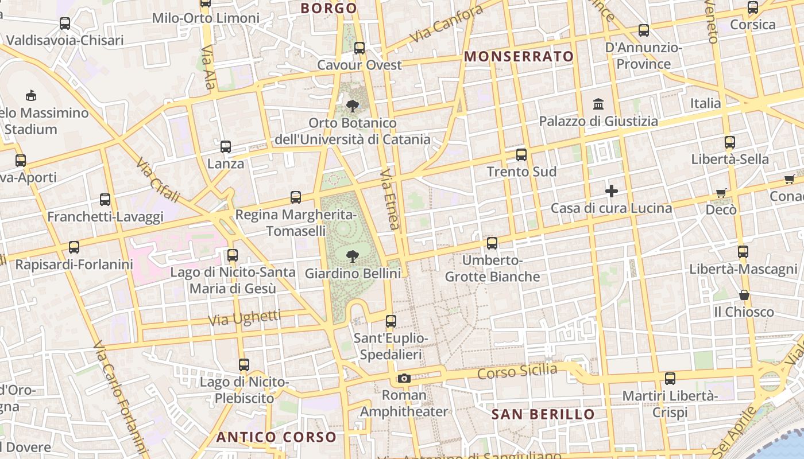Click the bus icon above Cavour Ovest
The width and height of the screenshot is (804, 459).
point(360,48)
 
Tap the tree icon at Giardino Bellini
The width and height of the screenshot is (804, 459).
point(353,256)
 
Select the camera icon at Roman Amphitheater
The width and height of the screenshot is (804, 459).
point(404,378)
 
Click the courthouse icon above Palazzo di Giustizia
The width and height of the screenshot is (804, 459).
point(598,104)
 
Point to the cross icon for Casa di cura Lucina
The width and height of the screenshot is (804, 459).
point(612,191)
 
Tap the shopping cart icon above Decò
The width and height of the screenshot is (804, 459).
point(721,193)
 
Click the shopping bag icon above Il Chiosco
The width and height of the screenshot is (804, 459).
point(744,295)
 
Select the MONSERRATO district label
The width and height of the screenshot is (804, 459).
point(519,56)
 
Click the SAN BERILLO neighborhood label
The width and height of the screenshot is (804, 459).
point(543,414)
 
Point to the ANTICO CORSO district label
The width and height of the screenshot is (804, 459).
point(276,437)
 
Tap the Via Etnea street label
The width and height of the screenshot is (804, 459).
point(390,199)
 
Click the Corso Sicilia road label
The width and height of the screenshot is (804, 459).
point(517,372)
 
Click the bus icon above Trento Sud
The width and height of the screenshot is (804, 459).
point(521,155)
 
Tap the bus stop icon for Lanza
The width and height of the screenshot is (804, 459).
point(226,147)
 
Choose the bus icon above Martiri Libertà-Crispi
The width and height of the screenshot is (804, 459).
point(670,379)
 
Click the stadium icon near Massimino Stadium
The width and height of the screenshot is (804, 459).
point(31,95)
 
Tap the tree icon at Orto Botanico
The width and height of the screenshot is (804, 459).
point(353,106)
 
